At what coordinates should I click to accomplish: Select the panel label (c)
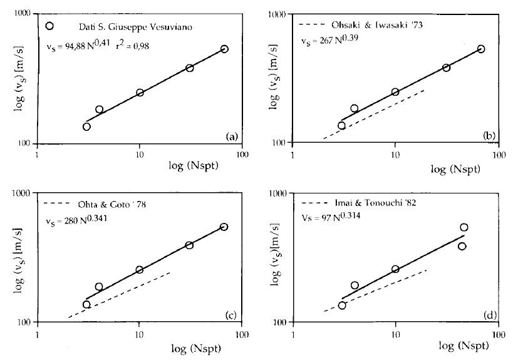231,314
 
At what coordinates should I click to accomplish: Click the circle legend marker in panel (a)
51,26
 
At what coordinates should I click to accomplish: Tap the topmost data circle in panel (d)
464,227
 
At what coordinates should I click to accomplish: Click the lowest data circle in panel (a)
86,126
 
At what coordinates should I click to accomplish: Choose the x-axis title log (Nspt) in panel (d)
456,346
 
